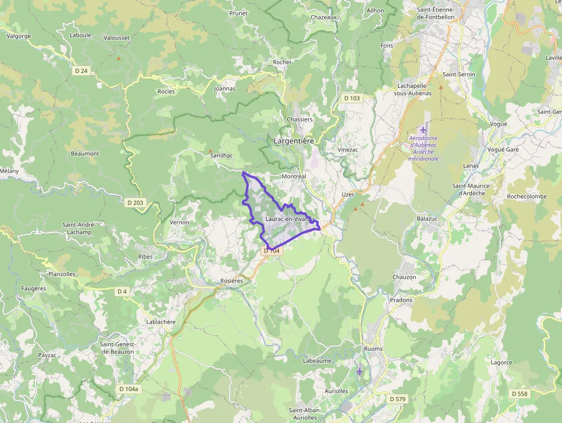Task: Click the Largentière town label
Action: [x=294, y=140]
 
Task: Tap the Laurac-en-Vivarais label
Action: [x=287, y=219]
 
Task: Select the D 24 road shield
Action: [x=82, y=71]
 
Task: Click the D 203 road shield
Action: [x=135, y=202]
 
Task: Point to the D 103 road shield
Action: [x=352, y=98]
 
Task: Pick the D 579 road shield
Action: [x=397, y=398]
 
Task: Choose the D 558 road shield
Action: [x=520, y=393]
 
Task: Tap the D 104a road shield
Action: [x=128, y=389]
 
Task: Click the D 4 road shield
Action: [x=122, y=291]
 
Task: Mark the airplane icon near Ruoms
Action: [x=360, y=371]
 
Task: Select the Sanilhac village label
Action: [x=221, y=156]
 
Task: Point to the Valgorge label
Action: [x=18, y=36]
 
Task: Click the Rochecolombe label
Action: [x=526, y=196]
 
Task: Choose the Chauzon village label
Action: [x=404, y=277]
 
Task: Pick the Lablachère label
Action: [x=161, y=322]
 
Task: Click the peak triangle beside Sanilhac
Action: [x=210, y=151]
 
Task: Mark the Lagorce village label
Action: [x=501, y=362]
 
